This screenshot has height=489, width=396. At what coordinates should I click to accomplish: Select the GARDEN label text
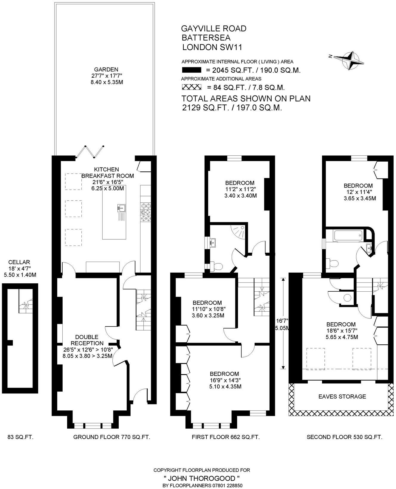click(106, 70)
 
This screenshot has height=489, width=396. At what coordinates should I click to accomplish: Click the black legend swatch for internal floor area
click(191, 71)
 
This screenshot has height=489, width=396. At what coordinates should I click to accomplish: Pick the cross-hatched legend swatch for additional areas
click(191, 87)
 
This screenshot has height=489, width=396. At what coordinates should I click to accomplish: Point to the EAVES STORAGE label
click(342, 396)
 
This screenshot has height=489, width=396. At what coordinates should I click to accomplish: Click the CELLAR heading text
click(19, 262)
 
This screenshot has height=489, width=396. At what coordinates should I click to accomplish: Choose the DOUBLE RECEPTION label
click(87, 340)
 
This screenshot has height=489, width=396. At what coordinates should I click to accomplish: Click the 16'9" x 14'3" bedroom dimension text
click(225, 380)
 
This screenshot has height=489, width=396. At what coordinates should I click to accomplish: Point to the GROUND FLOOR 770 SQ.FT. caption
click(112, 437)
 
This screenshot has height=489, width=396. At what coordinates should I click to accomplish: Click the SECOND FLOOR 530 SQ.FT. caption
click(344, 437)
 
